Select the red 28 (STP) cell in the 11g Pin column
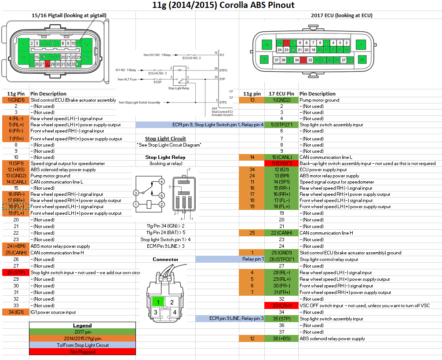pyautogui.click(x=15, y=272)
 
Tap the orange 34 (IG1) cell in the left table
pyautogui.click(x=15, y=312)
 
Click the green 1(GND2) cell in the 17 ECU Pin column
pyautogui.click(x=281, y=100)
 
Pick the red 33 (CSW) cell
pyautogui.click(x=281, y=305)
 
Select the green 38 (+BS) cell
pyautogui.click(x=281, y=338)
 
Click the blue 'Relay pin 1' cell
pyautogui.click(x=253, y=259)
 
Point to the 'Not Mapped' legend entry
pyautogui.click(x=82, y=352)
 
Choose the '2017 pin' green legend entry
pyautogui.click(x=82, y=332)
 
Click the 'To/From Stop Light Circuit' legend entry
pyautogui.click(x=82, y=345)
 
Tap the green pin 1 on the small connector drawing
pyautogui.click(x=157, y=301)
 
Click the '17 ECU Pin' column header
pyautogui.click(x=281, y=94)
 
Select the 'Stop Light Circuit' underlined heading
pyautogui.click(x=165, y=139)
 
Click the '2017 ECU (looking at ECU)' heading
pyautogui.click(x=341, y=15)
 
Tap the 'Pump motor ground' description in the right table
pyautogui.click(x=320, y=100)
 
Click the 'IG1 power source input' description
pyautogui.click(x=53, y=312)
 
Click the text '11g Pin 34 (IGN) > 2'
pyautogui.click(x=165, y=225)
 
